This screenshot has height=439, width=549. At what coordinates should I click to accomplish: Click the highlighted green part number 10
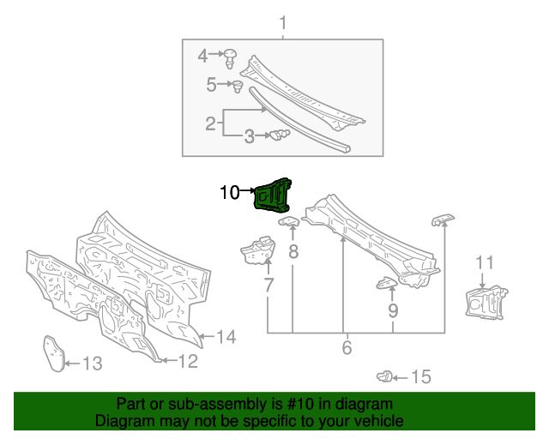tap(273, 194)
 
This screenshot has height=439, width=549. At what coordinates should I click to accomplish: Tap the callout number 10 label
tap(230, 193)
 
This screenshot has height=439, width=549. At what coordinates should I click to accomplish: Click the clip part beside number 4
tap(231, 58)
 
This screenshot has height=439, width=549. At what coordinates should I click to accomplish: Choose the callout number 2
tap(210, 123)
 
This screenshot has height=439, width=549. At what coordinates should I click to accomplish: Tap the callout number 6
tap(347, 348)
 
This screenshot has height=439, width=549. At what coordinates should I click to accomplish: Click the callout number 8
tap(293, 252)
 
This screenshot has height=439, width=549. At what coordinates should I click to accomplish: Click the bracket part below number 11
tap(483, 302)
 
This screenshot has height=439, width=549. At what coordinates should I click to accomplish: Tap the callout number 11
tap(485, 262)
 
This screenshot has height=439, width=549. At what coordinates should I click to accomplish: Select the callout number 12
tap(187, 361)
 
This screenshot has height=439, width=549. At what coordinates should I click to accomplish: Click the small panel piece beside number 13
tap(55, 352)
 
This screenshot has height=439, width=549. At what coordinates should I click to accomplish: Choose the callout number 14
tap(225, 337)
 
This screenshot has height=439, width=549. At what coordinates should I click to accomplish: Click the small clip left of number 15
tap(386, 376)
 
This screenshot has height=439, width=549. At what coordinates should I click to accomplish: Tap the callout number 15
tap(420, 376)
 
